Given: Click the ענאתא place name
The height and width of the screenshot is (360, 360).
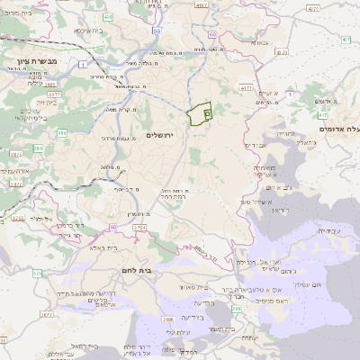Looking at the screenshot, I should pyautogui.click(x=259, y=42).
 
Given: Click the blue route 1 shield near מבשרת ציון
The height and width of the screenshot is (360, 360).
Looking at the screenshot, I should pyautogui.click(x=83, y=63).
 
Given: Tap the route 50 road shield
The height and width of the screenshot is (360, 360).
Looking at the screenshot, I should pyautogui.click(x=157, y=31).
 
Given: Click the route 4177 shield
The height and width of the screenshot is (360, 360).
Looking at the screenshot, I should pyautogui.click(x=246, y=88).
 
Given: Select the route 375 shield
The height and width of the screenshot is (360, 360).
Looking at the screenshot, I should pyautogui.click(x=36, y=272).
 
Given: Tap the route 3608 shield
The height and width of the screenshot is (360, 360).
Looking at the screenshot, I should pyautogui.click(x=168, y=319).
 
